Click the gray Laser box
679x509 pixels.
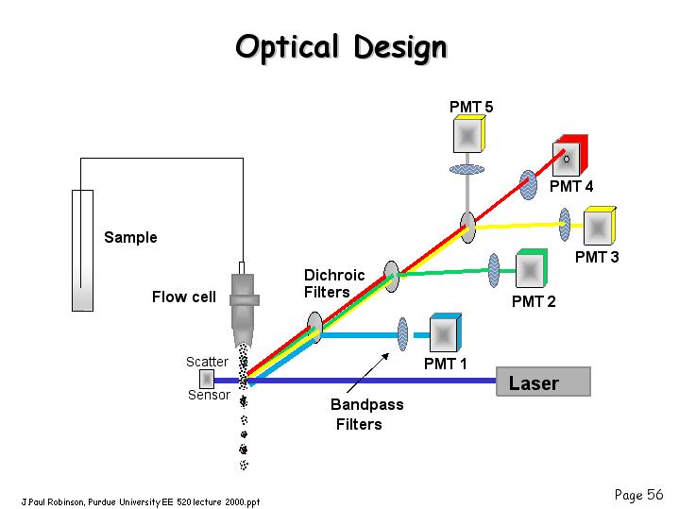(x=543, y=382)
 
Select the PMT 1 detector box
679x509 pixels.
(x=445, y=332)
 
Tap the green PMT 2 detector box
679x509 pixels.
(x=532, y=268)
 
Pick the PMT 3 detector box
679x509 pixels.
(x=600, y=226)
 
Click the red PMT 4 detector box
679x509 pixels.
(x=570, y=156)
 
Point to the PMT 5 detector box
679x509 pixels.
(x=469, y=133)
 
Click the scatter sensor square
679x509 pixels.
(x=207, y=379)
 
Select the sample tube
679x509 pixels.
(x=82, y=250)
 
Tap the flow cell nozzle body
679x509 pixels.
(x=244, y=304)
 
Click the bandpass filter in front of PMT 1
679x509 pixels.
(x=402, y=334)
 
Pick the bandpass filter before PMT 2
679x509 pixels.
(x=494, y=271)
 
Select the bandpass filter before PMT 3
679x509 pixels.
(x=564, y=225)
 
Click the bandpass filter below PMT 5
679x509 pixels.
(x=467, y=169)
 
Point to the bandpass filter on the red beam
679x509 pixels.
(x=528, y=185)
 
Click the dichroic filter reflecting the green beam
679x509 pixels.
(x=392, y=277)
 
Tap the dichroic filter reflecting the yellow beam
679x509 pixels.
(x=467, y=228)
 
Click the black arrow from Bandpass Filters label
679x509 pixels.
(x=367, y=373)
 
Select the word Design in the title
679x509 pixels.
(x=400, y=47)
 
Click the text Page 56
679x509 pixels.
(x=638, y=495)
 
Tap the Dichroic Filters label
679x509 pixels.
(x=334, y=283)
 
